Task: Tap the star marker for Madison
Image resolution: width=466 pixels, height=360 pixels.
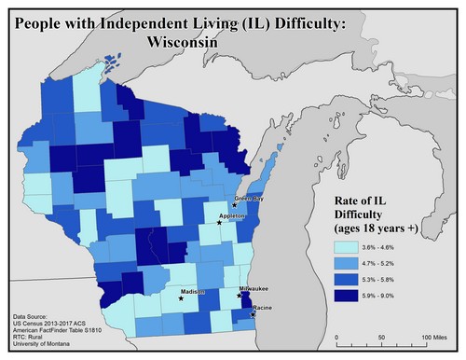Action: (181, 299)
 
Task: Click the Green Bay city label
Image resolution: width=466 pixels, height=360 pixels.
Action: (248, 198)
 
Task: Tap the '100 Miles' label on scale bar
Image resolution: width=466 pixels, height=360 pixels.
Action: (436, 335)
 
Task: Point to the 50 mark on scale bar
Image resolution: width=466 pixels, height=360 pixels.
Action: (383, 335)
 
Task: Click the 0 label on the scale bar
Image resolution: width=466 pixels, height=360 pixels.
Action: (334, 335)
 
